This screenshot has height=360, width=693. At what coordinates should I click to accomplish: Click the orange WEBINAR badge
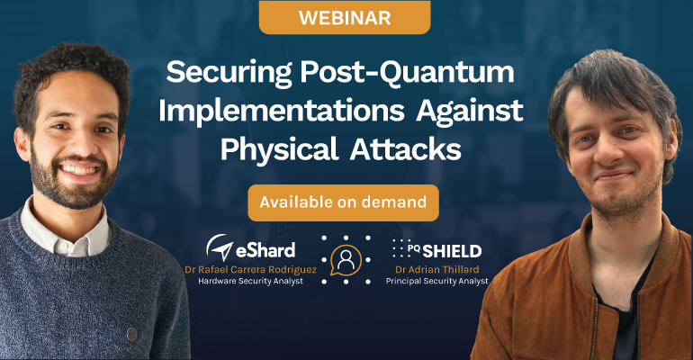point(345,17)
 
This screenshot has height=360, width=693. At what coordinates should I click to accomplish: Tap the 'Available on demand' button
point(344,202)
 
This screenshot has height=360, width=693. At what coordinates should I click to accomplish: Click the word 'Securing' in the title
point(229,73)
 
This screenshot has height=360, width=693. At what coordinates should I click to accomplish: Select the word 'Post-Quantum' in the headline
point(407,72)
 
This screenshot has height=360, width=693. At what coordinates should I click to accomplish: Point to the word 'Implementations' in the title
point(282,111)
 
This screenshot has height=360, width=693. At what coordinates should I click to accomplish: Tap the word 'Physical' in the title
point(279,150)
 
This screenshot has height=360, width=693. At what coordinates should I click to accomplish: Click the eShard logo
point(250,247)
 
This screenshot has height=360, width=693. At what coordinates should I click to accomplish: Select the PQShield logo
point(436,250)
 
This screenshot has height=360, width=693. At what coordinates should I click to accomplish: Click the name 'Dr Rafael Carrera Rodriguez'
point(250,270)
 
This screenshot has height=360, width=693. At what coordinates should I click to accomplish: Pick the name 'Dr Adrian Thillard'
point(437,269)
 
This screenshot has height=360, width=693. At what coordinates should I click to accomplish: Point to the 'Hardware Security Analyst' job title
point(250,281)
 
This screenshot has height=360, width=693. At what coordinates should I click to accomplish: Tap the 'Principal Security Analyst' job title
point(437,281)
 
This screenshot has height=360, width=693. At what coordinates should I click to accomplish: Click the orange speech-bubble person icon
point(346,260)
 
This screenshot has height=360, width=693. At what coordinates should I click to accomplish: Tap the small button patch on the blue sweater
point(131,334)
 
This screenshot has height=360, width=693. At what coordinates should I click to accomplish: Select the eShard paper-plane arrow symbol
point(220,247)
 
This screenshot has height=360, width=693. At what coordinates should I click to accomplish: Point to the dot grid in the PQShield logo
point(400,248)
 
